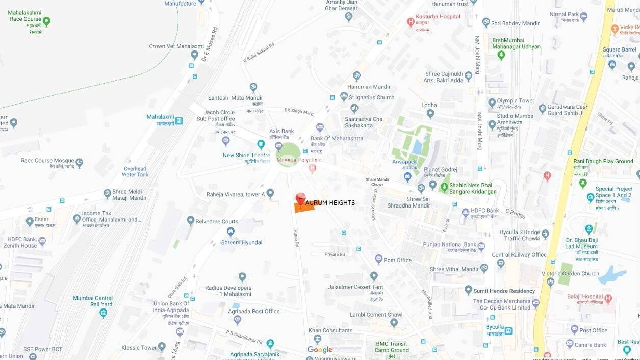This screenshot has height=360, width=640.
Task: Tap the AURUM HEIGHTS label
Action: click(330, 203)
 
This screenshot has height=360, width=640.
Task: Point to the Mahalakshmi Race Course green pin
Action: click(46, 21)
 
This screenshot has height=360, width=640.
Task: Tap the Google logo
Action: click(320, 350)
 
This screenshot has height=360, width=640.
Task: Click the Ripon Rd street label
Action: click(296, 239)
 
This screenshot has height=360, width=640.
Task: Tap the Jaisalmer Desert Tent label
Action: click(356, 287)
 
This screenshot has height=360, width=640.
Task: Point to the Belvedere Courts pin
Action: click(190, 221)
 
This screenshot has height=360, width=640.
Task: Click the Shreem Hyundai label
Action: click(242, 242)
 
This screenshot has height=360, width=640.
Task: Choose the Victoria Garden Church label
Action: click(571, 273)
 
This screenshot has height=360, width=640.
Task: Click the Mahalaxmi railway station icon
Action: click(178, 121)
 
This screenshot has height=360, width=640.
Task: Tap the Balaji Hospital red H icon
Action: click(608, 298)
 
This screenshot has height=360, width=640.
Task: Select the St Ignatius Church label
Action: click(371, 97)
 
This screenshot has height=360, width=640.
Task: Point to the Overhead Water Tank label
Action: click(135, 172)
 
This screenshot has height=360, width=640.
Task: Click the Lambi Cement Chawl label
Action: click(376, 315)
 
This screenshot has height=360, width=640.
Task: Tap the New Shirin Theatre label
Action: click(246, 155)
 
